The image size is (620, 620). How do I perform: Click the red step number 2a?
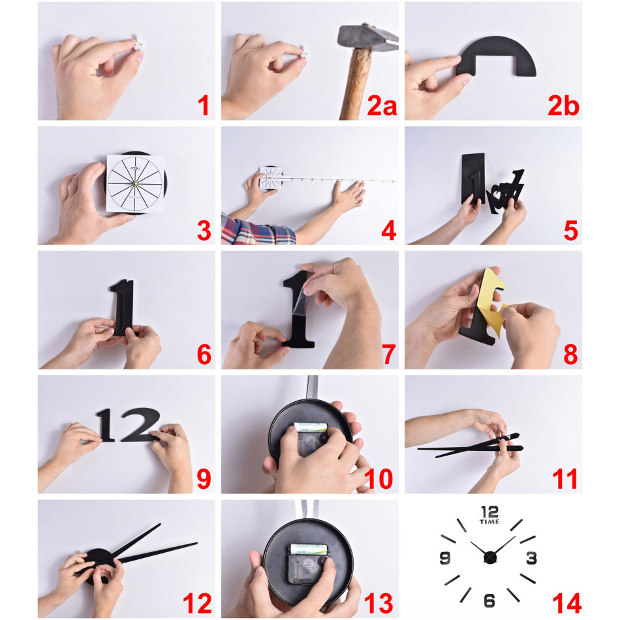(382, 106)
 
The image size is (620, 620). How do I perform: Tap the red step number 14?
(567, 604)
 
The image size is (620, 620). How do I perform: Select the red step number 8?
(570, 354)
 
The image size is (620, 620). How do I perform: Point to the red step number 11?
(565, 479)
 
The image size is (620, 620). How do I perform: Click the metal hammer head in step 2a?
(367, 38)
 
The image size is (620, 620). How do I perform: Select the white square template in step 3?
(135, 183)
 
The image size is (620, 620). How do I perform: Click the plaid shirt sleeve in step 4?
(256, 231)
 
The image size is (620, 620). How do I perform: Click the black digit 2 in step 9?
(140, 425)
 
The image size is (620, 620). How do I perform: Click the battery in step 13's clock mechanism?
(309, 549)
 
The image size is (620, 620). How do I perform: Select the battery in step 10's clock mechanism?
(311, 427)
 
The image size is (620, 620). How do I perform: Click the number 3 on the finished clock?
(531, 558)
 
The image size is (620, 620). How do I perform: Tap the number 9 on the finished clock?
(445, 558)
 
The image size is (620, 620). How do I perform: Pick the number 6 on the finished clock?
(489, 600)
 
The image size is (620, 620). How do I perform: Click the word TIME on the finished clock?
(489, 521)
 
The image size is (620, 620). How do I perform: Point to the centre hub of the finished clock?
(490, 557)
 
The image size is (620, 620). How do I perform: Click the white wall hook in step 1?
(139, 44)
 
